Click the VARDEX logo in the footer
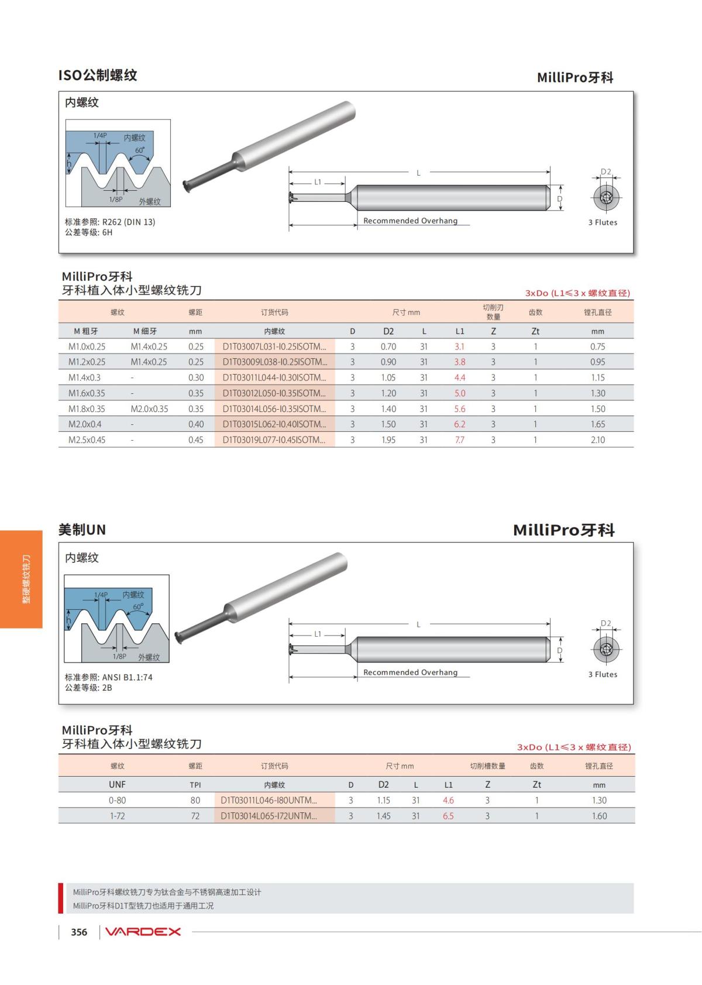(143, 932)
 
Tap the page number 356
(79, 932)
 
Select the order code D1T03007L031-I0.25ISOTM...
(274, 346)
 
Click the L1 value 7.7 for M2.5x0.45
(460, 440)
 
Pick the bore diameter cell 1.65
(597, 424)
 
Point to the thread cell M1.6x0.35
(87, 393)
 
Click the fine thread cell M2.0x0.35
(149, 409)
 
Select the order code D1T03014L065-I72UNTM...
(269, 816)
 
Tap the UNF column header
(117, 784)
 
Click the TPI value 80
(195, 800)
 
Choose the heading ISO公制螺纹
(98, 75)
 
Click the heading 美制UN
(82, 530)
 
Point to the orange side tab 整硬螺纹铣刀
(22, 579)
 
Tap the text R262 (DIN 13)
(129, 222)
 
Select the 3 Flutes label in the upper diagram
(603, 222)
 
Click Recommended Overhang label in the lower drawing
(410, 672)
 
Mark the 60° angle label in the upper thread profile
(140, 150)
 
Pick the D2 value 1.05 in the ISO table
(388, 377)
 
